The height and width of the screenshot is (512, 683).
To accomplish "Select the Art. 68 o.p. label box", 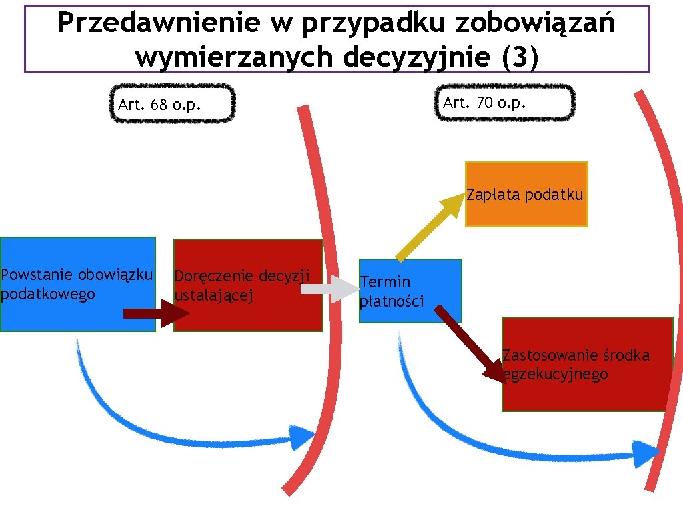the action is pos(171,104).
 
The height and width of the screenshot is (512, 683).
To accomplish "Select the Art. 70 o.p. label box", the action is pos(504,103).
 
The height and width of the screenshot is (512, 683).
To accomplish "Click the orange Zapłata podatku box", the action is pos(526,195).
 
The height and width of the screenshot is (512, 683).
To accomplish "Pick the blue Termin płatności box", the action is pos(410,291).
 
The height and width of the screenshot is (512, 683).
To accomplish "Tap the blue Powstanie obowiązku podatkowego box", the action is pos(77,284).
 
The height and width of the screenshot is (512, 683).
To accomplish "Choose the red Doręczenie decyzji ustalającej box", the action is pos(247,285).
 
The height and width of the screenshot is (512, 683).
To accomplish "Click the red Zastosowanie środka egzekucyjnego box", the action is pos(587,365).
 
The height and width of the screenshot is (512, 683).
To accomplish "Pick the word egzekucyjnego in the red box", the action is pos(556,375).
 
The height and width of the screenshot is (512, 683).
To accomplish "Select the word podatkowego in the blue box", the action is pos(48,294).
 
